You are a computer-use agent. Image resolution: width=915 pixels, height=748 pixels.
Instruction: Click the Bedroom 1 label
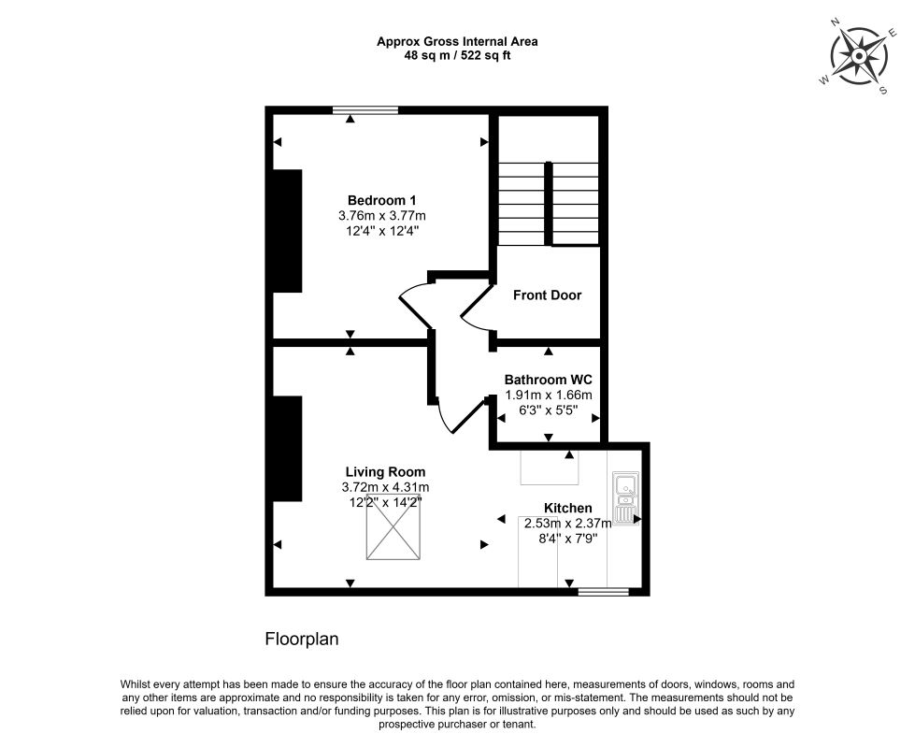pyautogui.click(x=381, y=200)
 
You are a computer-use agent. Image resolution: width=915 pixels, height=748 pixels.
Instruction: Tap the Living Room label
pyautogui.click(x=385, y=472)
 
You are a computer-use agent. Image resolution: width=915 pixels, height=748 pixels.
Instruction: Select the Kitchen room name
pyautogui.click(x=568, y=508)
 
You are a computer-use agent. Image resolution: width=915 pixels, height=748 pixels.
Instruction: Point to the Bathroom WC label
pyautogui.click(x=549, y=380)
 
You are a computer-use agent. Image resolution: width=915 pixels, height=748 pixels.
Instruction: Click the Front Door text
pyautogui.click(x=548, y=295)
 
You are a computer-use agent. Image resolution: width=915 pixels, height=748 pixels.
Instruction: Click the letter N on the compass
pyautogui.click(x=835, y=22)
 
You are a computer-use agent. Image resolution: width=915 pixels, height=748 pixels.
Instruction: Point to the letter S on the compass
pyautogui.click(x=883, y=91)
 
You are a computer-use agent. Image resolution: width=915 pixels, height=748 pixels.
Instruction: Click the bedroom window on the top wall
pyautogui.click(x=365, y=109)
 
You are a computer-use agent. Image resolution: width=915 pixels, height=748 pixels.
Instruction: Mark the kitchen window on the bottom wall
pyautogui.click(x=604, y=592)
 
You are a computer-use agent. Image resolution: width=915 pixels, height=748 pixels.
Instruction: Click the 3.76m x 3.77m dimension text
pyautogui.click(x=381, y=215)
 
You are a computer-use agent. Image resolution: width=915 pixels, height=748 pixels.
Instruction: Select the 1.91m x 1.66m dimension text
pyautogui.click(x=549, y=395)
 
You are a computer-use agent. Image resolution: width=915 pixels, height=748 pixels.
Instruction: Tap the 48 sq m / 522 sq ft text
pyautogui.click(x=458, y=56)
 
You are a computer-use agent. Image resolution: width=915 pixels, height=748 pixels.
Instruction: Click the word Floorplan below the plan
pyautogui.click(x=302, y=639)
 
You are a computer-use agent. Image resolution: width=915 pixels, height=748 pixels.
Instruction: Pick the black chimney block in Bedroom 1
pyautogui.click(x=287, y=231)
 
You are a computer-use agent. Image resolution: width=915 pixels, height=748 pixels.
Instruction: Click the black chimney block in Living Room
pyautogui.click(x=287, y=449)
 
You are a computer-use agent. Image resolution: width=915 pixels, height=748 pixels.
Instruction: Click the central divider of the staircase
pyautogui.click(x=549, y=203)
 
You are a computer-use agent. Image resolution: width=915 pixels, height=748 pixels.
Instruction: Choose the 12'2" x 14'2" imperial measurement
pyautogui.click(x=385, y=501)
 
